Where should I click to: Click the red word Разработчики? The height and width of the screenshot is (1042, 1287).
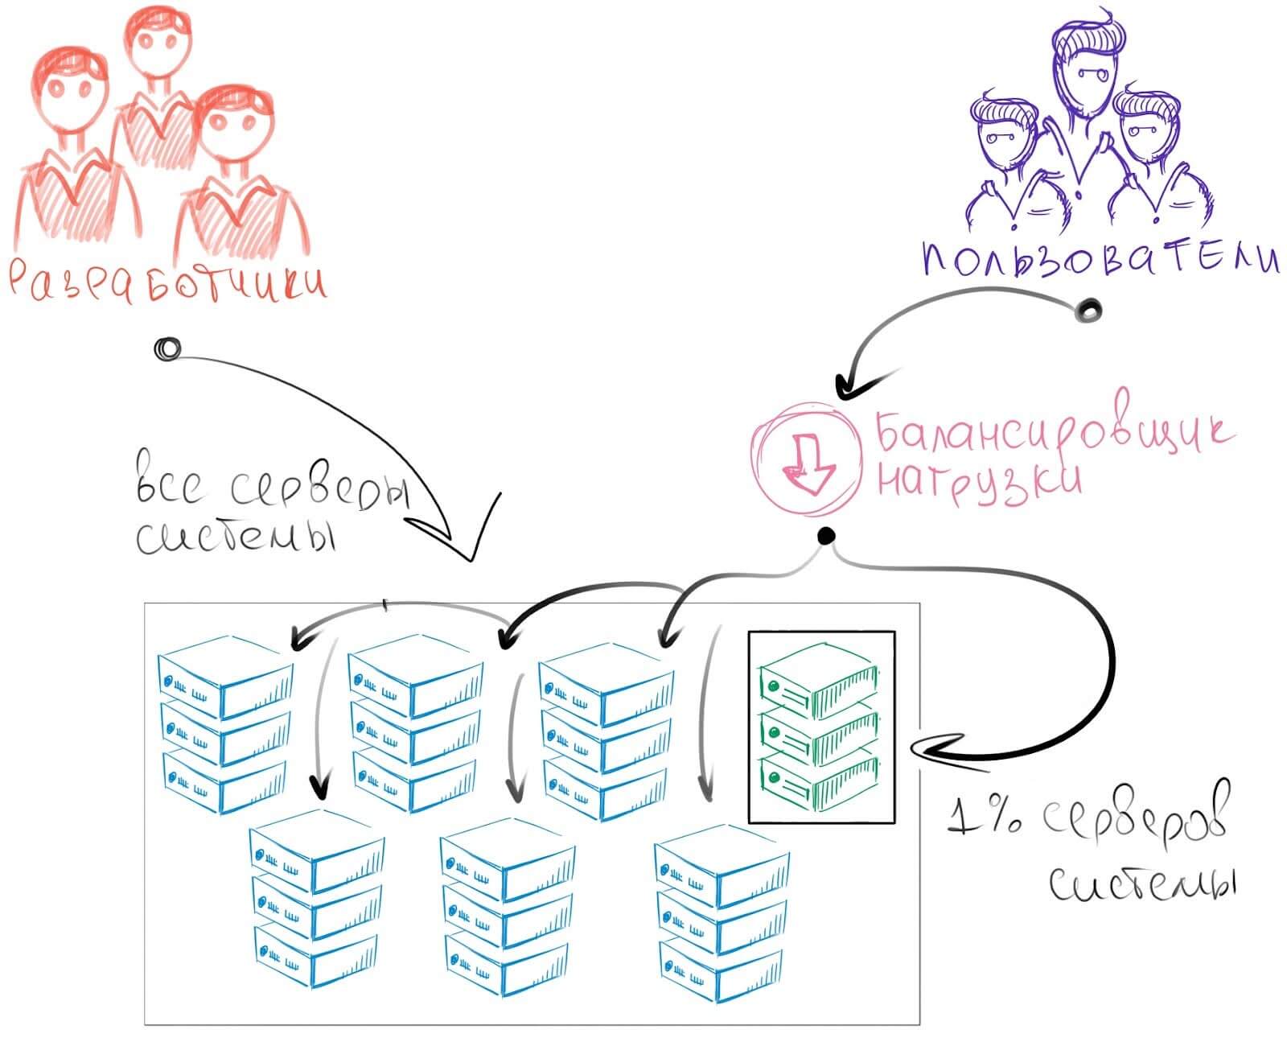coord(167,282)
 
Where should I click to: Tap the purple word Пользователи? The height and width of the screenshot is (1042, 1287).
coord(1100,260)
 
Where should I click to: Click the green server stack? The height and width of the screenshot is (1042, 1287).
coord(820,727)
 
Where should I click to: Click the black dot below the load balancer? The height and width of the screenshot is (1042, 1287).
coord(825,535)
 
